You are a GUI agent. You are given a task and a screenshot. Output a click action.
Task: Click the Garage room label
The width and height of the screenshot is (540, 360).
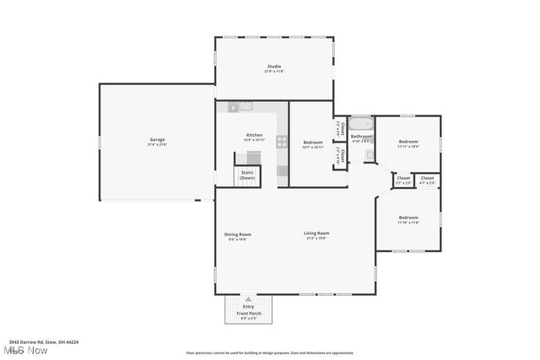tap(158, 140)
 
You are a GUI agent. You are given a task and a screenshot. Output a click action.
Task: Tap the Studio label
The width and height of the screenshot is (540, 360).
tap(274, 67)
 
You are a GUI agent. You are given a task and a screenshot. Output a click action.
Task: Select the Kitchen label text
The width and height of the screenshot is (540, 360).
tap(254, 136)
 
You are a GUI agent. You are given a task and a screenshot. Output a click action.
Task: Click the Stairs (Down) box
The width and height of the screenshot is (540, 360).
tap(247, 175)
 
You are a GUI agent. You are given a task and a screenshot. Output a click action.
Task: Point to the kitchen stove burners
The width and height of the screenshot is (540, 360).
tap(282, 142)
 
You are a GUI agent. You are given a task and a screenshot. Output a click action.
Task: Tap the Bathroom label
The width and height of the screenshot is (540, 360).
tap(361, 137)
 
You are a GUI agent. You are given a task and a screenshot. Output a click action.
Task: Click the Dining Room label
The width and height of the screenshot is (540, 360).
tap(238, 235)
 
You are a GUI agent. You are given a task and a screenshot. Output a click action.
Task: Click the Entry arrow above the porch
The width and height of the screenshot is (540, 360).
tap(249, 298)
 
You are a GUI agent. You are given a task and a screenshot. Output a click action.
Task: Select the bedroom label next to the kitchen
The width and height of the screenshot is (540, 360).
tap(313, 142)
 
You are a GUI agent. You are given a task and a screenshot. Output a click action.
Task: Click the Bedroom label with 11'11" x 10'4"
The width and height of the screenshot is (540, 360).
tap(408, 142)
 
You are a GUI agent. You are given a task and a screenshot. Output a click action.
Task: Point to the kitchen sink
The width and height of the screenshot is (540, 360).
tap(246, 106)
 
